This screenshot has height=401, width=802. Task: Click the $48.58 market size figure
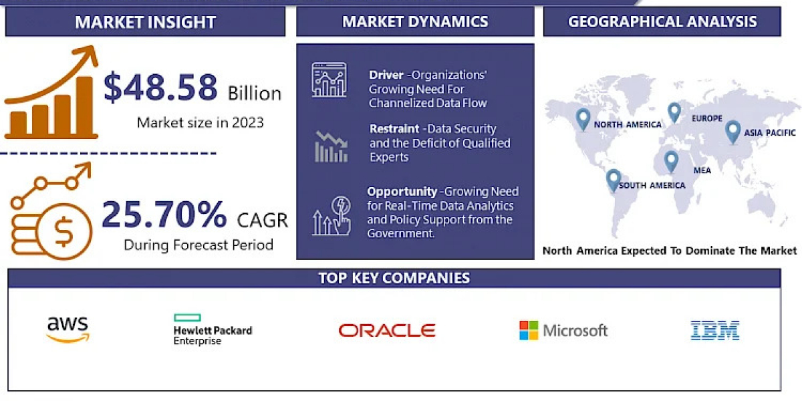tap(160, 87)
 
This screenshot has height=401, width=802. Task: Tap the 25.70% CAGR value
tap(164, 215)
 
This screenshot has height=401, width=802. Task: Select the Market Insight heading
tap(146, 22)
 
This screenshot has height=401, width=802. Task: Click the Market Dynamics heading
tap(415, 21)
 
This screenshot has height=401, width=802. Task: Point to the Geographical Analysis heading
tap(662, 21)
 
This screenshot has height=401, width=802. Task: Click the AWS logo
tap(68, 329)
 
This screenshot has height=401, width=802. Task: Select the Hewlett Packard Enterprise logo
tap(213, 329)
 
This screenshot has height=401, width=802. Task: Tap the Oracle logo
tap(387, 330)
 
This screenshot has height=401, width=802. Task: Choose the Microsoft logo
tap(563, 330)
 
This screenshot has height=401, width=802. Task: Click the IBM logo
tap(715, 330)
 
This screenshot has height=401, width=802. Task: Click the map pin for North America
tap(583, 119)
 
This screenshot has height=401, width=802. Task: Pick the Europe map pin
tap(674, 112)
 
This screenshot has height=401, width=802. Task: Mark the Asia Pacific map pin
tap(732, 132)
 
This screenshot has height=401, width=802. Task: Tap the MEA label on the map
tap(702, 170)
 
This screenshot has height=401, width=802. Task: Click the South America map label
tap(652, 185)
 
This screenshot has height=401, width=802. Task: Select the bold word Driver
tap(386, 75)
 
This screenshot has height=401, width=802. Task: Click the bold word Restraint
tap(394, 128)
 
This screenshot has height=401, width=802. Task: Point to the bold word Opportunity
tap(402, 192)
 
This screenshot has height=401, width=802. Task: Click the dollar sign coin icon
tap(64, 232)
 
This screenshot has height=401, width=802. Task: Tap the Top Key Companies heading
tap(394, 278)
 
